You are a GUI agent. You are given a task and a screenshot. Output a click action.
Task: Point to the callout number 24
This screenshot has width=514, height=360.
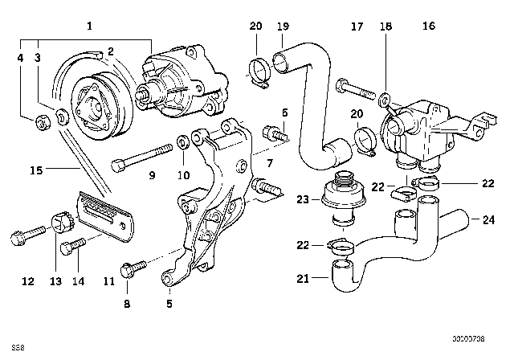coord(488,218)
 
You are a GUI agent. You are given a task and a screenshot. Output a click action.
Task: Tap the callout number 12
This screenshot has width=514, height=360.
coord(27,281)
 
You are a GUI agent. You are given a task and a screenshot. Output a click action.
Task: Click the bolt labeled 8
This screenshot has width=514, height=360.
coord(133,268)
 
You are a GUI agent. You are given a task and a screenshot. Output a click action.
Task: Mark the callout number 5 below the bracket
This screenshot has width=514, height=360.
coord(169,304)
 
